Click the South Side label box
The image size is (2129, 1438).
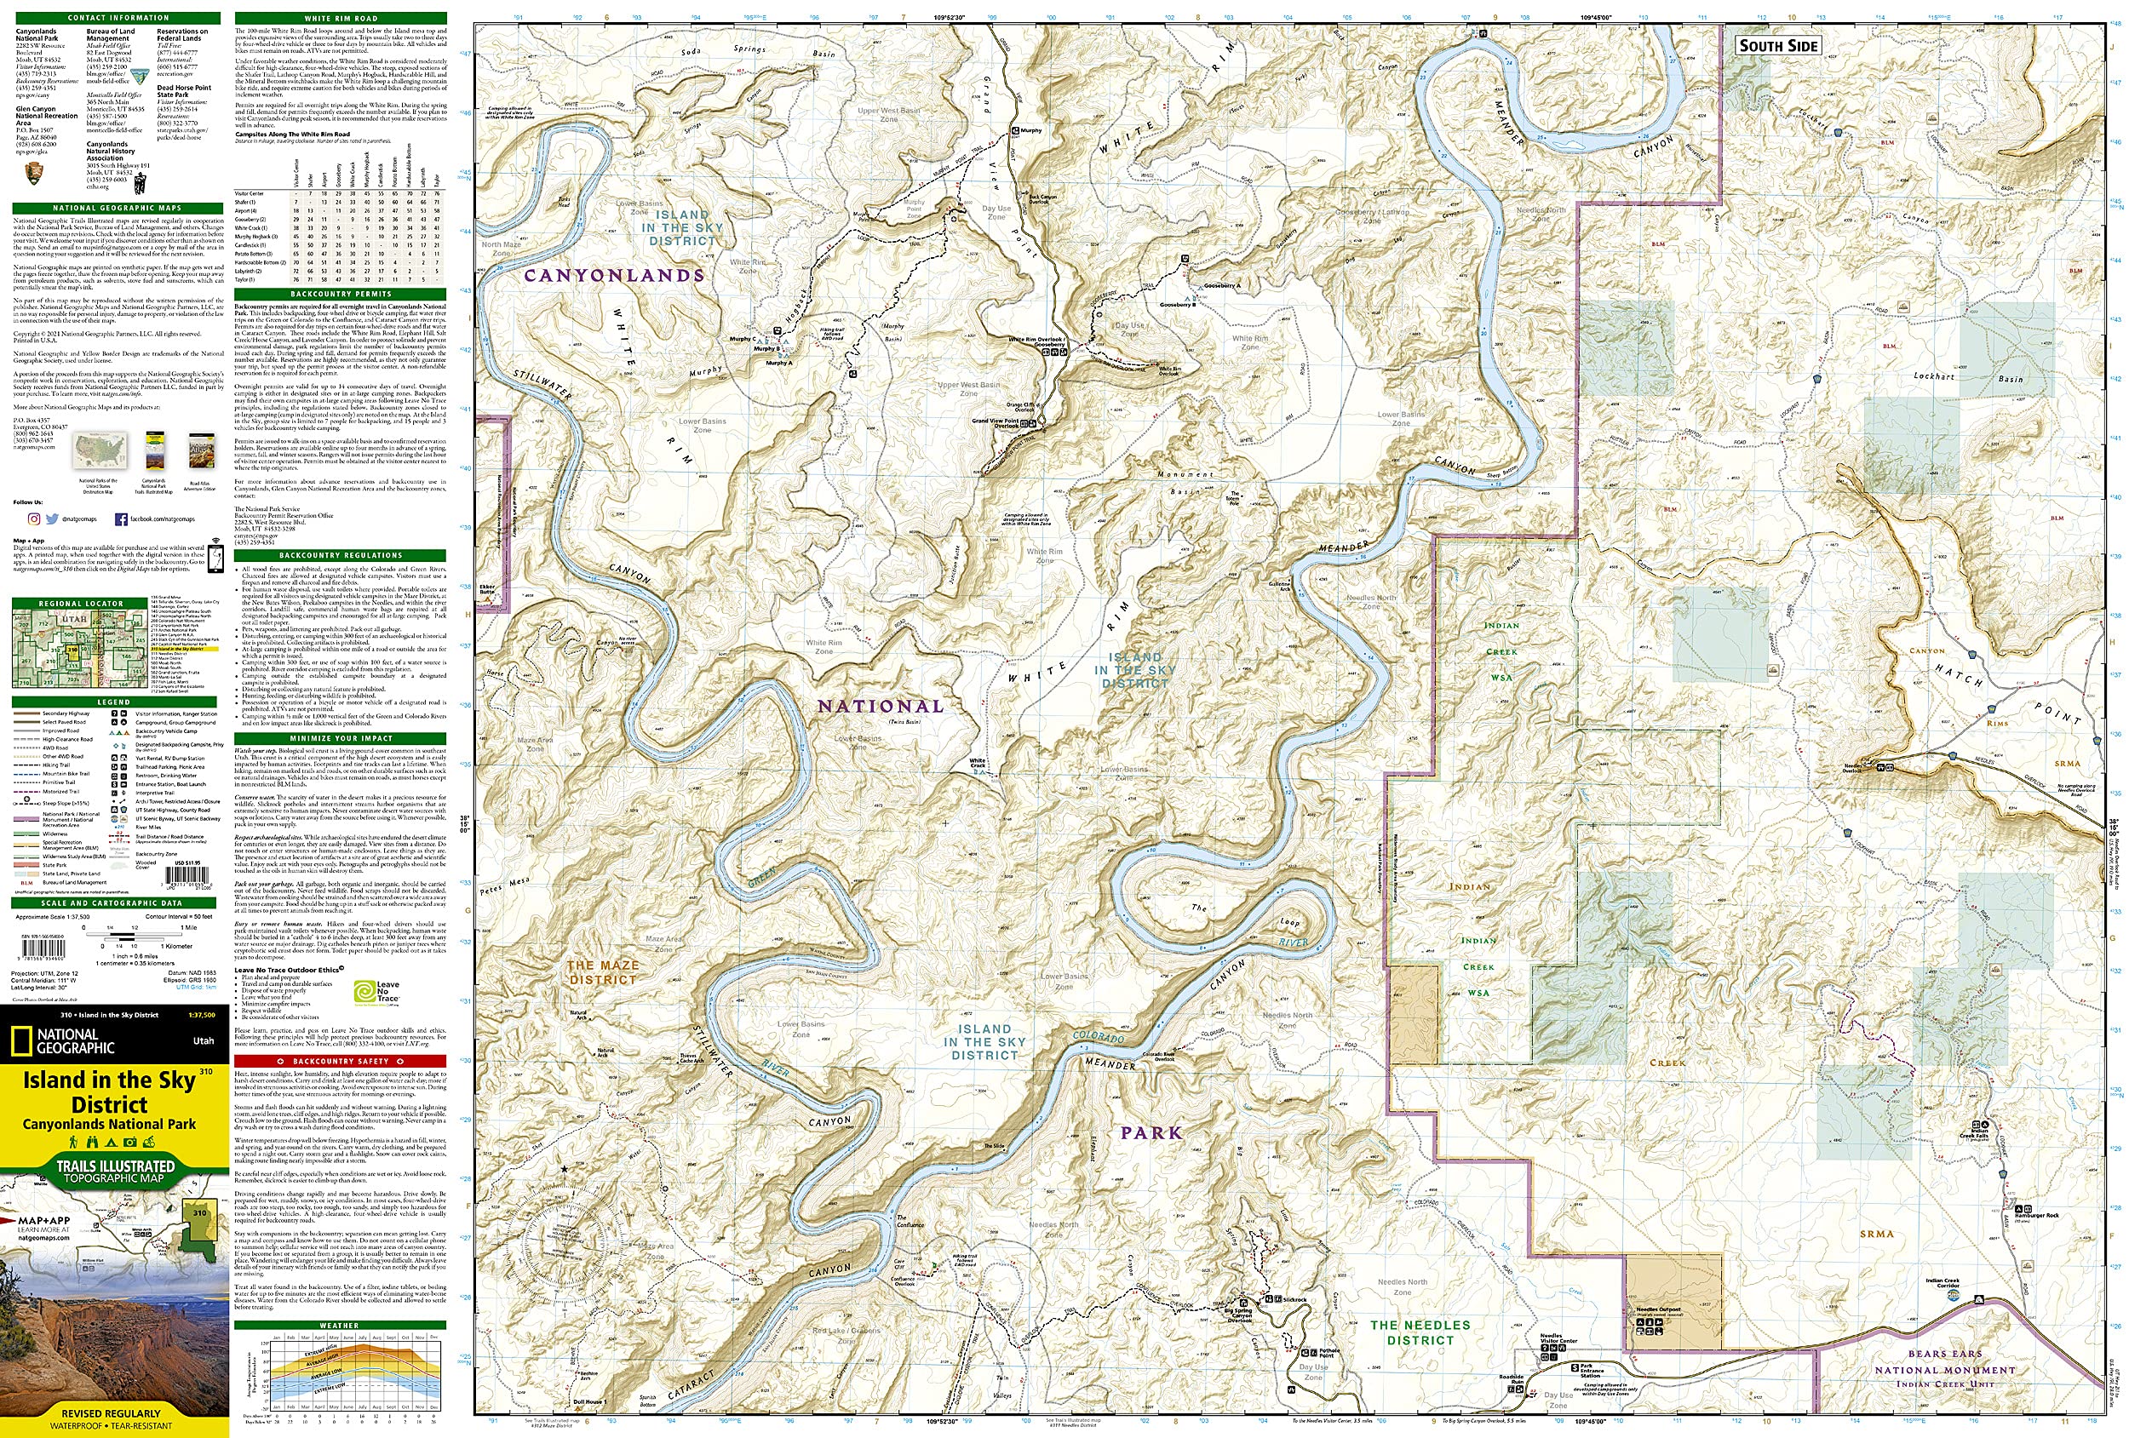[x=1777, y=45]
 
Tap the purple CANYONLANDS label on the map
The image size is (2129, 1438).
[x=614, y=275]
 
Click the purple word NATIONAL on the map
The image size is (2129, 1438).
[x=881, y=706]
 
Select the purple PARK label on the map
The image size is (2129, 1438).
[x=1151, y=1133]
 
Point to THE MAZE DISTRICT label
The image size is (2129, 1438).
[x=602, y=971]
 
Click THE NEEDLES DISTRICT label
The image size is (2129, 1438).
[x=1420, y=1332]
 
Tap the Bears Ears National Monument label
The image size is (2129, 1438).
[x=1945, y=1368]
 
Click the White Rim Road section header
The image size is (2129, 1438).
[x=340, y=19]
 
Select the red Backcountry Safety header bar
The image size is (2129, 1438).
[x=340, y=1061]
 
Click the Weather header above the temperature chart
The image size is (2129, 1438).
[x=340, y=1326]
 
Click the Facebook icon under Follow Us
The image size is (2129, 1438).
[x=121, y=519]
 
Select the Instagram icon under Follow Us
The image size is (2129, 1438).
[x=34, y=519]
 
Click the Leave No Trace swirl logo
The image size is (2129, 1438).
[x=364, y=991]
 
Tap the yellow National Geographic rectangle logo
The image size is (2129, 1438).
[x=19, y=1041]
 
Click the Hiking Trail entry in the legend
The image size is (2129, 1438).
[x=57, y=765]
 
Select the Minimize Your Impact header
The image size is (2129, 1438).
[x=340, y=738]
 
